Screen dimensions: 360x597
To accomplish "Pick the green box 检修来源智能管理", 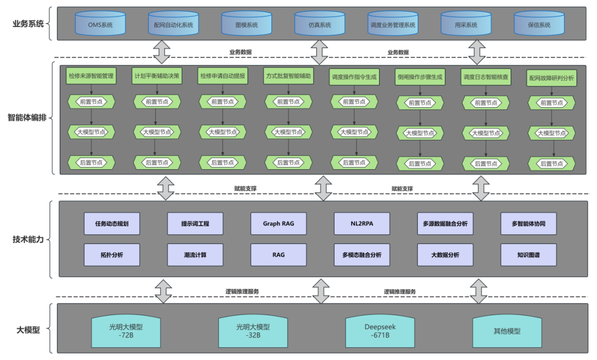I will [91, 76].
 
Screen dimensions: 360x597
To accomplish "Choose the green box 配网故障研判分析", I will [551, 79].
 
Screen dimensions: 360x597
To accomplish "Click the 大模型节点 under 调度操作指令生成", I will [354, 132].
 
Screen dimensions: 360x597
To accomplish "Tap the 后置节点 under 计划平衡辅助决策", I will [157, 163].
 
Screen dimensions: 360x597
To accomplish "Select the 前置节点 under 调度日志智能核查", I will [485, 102].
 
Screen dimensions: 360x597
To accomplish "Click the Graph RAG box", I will [279, 223].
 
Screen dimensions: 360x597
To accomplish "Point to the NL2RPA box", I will [362, 223].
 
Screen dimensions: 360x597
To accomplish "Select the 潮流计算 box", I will [195, 255].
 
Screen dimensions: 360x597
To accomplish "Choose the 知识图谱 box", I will [528, 255].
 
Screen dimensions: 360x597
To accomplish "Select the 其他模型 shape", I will [507, 331].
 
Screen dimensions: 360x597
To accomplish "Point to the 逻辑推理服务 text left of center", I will [242, 291].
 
